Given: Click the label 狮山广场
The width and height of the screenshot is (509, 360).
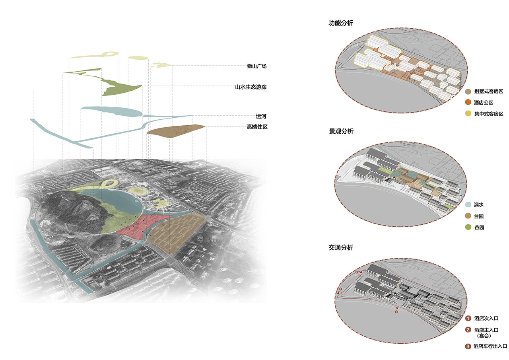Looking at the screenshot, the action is (x=257, y=66).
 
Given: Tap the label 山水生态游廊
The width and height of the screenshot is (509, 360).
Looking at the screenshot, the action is (x=251, y=87).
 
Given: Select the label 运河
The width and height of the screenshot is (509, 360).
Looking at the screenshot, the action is (x=261, y=116).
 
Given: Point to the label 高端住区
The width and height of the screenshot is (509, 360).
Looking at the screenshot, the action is (x=257, y=127).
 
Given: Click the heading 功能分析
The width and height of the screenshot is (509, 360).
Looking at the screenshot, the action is (x=341, y=23).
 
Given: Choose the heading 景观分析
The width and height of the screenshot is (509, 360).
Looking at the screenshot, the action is (x=341, y=131).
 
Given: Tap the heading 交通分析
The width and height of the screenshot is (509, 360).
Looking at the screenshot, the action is (x=341, y=247).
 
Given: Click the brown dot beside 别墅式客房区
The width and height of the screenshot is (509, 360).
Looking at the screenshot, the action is (x=468, y=91).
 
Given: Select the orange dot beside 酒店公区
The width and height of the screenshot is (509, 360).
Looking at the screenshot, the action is (x=468, y=102).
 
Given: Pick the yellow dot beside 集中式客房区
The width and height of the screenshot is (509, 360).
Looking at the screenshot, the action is (x=468, y=113).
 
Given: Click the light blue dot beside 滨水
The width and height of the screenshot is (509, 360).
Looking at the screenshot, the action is (x=468, y=204).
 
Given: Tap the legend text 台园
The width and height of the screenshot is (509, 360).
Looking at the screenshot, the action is (x=479, y=216).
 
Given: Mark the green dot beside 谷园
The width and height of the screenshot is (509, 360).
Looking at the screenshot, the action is (x=468, y=227).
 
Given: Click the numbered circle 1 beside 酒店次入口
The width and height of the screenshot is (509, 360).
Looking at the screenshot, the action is (x=468, y=318).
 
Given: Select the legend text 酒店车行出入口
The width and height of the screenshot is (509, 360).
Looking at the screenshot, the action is (x=490, y=346).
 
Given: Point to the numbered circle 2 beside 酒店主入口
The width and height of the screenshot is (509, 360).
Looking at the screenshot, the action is (x=468, y=329).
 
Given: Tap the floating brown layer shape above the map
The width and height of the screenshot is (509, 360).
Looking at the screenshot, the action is (x=175, y=131).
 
